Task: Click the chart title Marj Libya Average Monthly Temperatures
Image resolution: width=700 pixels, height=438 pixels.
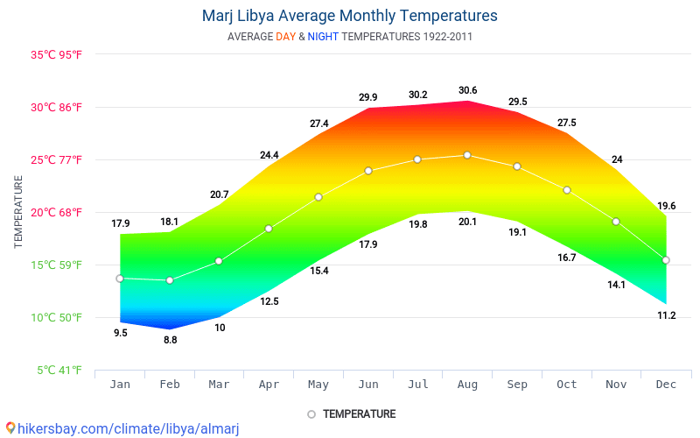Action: tap(349, 16)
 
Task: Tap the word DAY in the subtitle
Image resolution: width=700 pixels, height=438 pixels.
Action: tap(285, 37)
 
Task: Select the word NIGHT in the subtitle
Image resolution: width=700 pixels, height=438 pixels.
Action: tap(324, 37)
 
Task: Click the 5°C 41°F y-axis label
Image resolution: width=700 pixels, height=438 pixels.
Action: tap(59, 371)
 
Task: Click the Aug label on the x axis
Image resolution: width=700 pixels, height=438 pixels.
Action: tap(467, 385)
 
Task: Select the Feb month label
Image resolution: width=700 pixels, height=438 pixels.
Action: tap(170, 385)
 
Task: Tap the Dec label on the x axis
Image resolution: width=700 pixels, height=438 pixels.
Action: tap(666, 385)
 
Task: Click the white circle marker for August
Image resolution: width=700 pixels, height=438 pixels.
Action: tap(467, 155)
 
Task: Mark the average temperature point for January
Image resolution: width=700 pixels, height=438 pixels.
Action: tap(120, 279)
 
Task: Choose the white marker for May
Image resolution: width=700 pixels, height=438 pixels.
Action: tap(318, 197)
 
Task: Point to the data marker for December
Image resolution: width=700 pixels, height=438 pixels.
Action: tap(666, 260)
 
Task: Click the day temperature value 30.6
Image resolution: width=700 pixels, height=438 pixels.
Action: tap(467, 90)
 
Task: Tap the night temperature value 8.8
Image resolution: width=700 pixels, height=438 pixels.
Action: tap(170, 340)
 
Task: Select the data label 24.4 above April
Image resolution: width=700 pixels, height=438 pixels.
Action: tap(269, 155)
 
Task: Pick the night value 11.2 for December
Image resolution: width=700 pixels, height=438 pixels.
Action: tap(666, 315)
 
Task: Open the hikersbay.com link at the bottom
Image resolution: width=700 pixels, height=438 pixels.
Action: tap(122, 428)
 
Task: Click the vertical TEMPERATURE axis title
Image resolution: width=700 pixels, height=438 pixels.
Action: tap(18, 212)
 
